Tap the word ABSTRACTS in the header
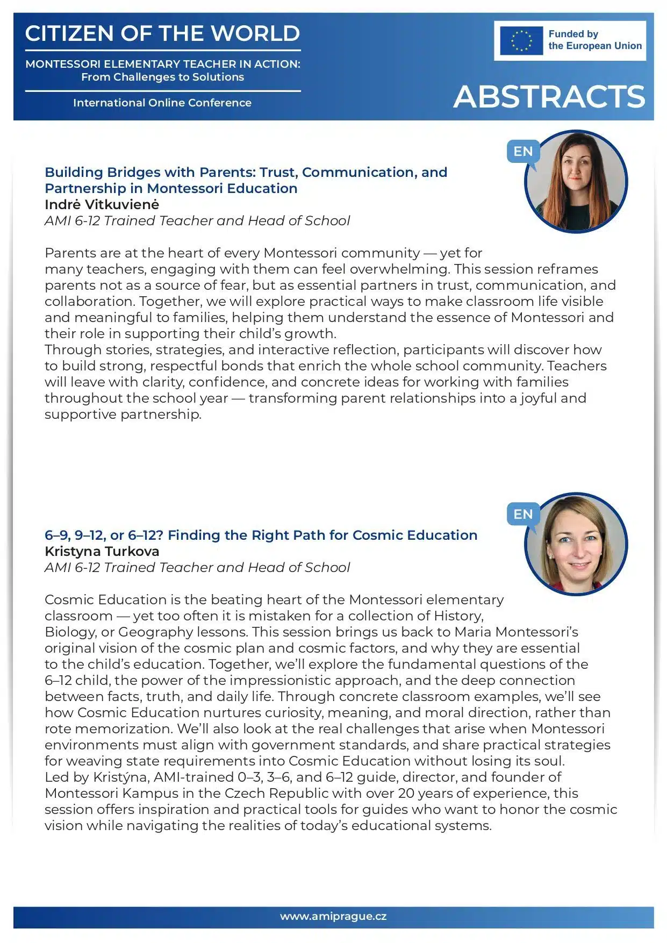[x=549, y=97]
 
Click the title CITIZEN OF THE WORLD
[x=162, y=33]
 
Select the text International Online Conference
[x=162, y=103]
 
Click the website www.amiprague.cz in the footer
[x=333, y=917]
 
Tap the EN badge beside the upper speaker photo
[x=522, y=152]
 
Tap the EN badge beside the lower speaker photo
[x=522, y=515]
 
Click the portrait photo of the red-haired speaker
[x=576, y=181]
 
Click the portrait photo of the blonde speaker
[x=576, y=544]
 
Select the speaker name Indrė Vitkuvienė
[x=102, y=205]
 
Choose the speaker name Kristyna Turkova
[x=102, y=552]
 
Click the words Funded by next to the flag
[x=573, y=34]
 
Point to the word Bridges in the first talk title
[x=133, y=173]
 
